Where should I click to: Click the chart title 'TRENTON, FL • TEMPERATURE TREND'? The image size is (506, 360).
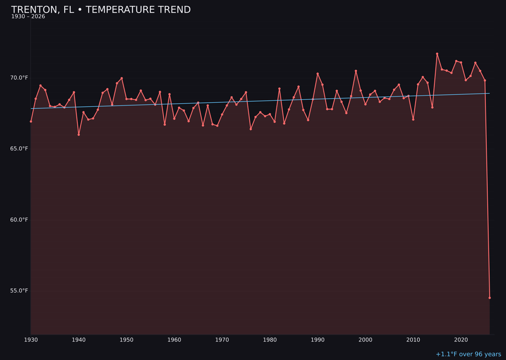pyautogui.click(x=101, y=10)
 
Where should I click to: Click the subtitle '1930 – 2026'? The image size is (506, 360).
pyautogui.click(x=28, y=17)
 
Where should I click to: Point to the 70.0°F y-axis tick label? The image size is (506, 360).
pyautogui.click(x=19, y=78)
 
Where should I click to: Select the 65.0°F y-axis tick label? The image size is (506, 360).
pyautogui.click(x=19, y=149)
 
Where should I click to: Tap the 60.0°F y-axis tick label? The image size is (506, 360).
pyautogui.click(x=19, y=220)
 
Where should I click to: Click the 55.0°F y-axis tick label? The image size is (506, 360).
pyautogui.click(x=19, y=291)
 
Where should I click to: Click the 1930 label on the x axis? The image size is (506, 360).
pyautogui.click(x=31, y=340)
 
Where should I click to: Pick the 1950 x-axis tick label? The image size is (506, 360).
pyautogui.click(x=126, y=340)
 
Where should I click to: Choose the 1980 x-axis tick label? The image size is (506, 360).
pyautogui.click(x=270, y=340)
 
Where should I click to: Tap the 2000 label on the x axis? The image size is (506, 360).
pyautogui.click(x=365, y=340)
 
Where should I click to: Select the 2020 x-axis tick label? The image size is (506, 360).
pyautogui.click(x=461, y=340)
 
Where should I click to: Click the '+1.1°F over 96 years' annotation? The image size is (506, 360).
pyautogui.click(x=468, y=354)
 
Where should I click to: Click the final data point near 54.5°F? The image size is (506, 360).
pyautogui.click(x=490, y=298)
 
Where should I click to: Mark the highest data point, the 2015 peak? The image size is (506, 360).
pyautogui.click(x=437, y=54)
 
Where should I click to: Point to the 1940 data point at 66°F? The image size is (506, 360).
pyautogui.click(x=79, y=135)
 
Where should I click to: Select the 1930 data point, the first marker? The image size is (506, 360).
pyautogui.click(x=31, y=121)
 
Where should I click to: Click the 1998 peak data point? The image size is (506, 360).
pyautogui.click(x=356, y=71)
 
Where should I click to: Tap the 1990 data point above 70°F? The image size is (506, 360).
pyautogui.click(x=318, y=74)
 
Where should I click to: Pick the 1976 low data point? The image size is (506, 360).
pyautogui.click(x=251, y=129)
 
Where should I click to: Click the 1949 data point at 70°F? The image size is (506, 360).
pyautogui.click(x=122, y=78)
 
